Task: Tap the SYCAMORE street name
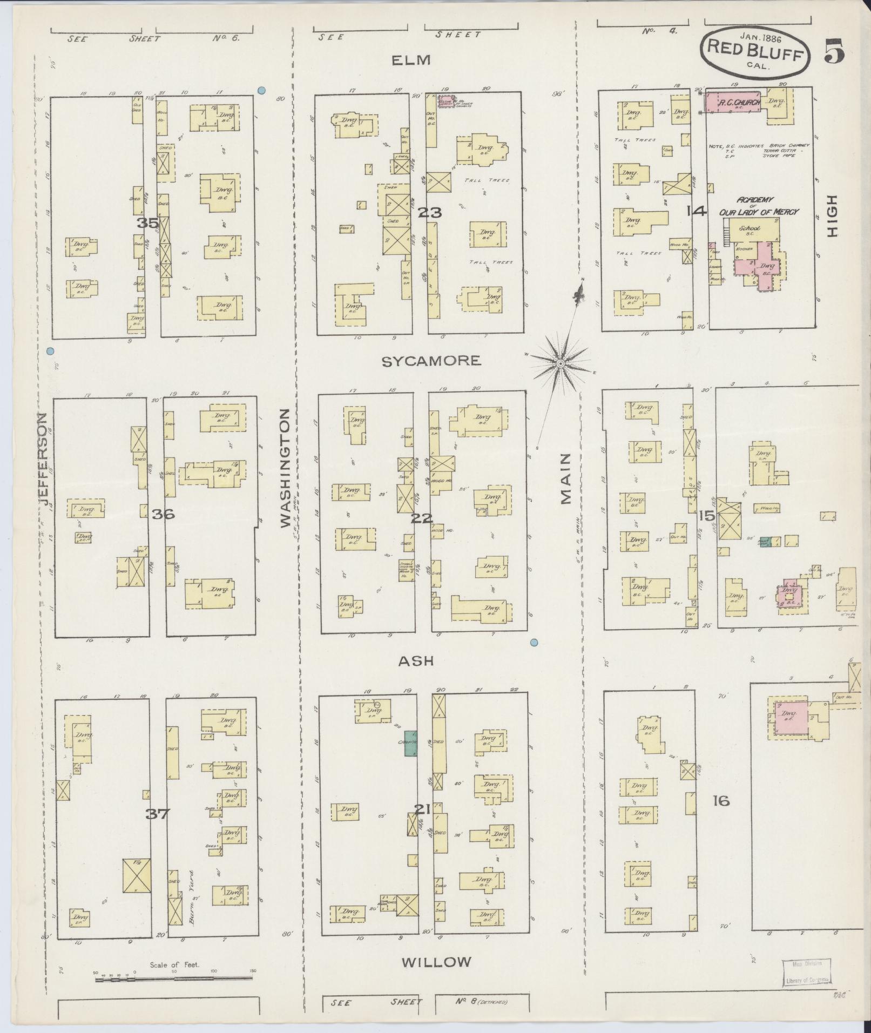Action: tap(431, 361)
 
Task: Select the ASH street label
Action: tap(416, 661)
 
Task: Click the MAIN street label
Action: tap(565, 478)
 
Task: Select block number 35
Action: tap(147, 222)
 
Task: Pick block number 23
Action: tap(429, 212)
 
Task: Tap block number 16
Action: tap(721, 800)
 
